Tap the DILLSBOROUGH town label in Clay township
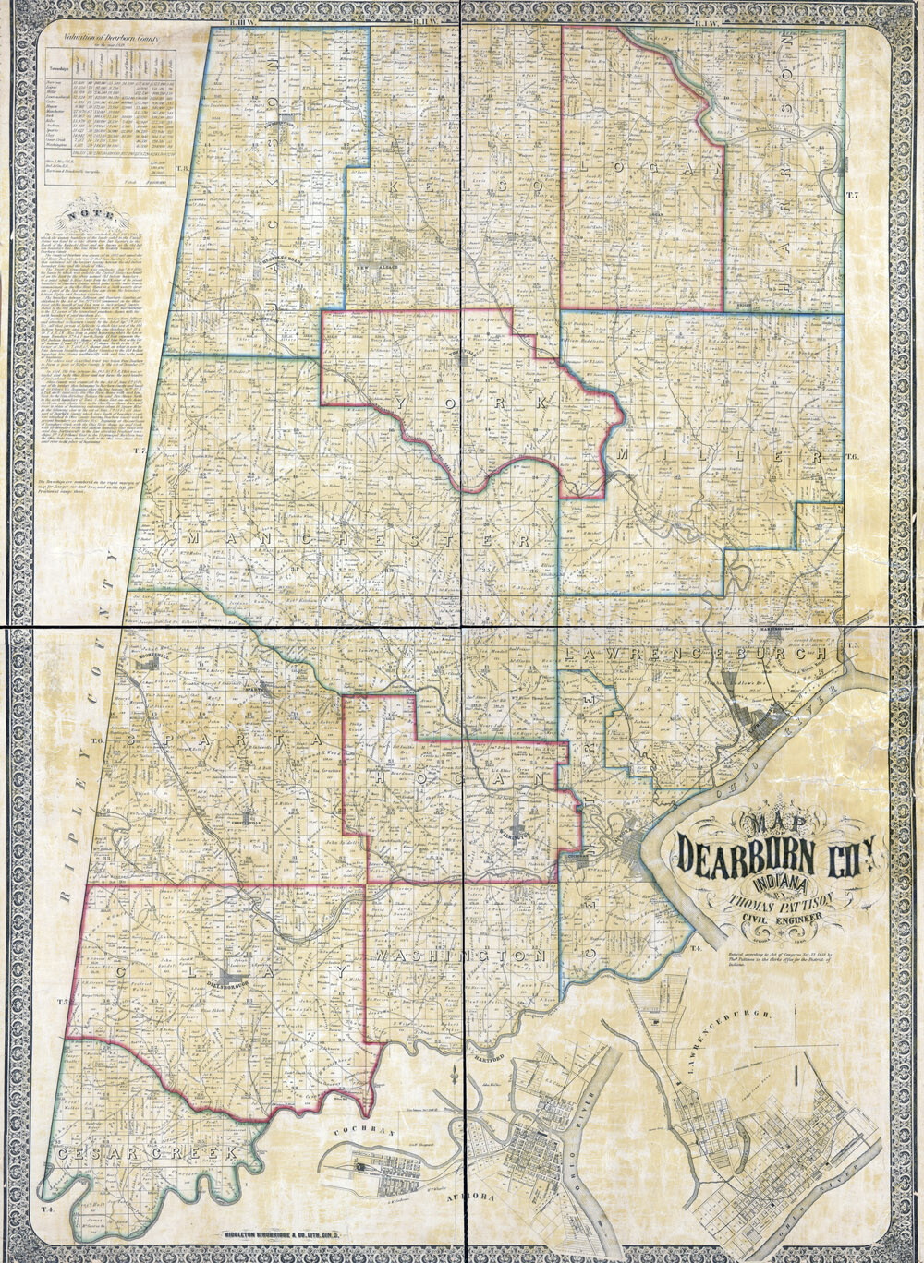(226, 983)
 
